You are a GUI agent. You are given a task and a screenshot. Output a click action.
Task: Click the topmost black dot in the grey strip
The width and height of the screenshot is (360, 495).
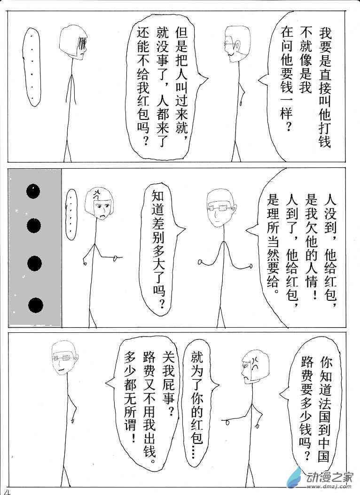click(33, 191)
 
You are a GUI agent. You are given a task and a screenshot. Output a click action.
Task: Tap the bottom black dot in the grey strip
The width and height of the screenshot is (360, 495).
click(36, 305)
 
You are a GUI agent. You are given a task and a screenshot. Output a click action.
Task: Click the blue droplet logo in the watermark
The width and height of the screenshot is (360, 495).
click(295, 477)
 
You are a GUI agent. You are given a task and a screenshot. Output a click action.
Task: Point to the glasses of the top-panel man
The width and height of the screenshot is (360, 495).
click(230, 43)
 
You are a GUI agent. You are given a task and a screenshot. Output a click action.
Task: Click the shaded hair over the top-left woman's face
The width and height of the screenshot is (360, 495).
click(83, 44)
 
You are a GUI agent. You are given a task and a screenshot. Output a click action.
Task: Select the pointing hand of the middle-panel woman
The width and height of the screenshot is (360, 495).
click(117, 259)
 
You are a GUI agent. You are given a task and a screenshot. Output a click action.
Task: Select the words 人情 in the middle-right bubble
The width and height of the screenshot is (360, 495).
click(312, 273)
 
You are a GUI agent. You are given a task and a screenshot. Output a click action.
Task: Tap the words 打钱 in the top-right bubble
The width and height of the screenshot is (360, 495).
click(325, 134)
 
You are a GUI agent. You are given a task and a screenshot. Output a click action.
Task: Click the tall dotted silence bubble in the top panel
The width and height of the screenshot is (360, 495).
click(31, 67)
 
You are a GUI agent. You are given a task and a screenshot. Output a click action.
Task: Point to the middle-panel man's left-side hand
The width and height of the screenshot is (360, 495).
click(200, 262)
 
